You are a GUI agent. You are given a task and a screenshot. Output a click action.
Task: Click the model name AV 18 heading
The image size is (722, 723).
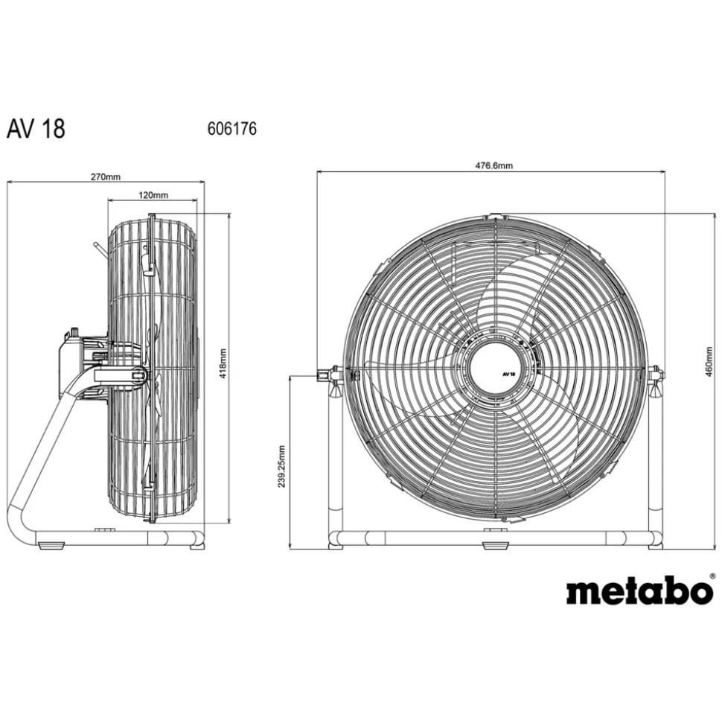pos(36,129)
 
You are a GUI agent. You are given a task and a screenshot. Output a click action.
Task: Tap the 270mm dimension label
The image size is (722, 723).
pos(105,176)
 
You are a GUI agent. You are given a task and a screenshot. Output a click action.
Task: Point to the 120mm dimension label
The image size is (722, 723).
pos(154,195)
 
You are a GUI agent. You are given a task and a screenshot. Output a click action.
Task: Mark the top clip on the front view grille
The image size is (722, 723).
pos(494,217)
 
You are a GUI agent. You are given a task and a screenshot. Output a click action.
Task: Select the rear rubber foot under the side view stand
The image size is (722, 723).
pos(48,546)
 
